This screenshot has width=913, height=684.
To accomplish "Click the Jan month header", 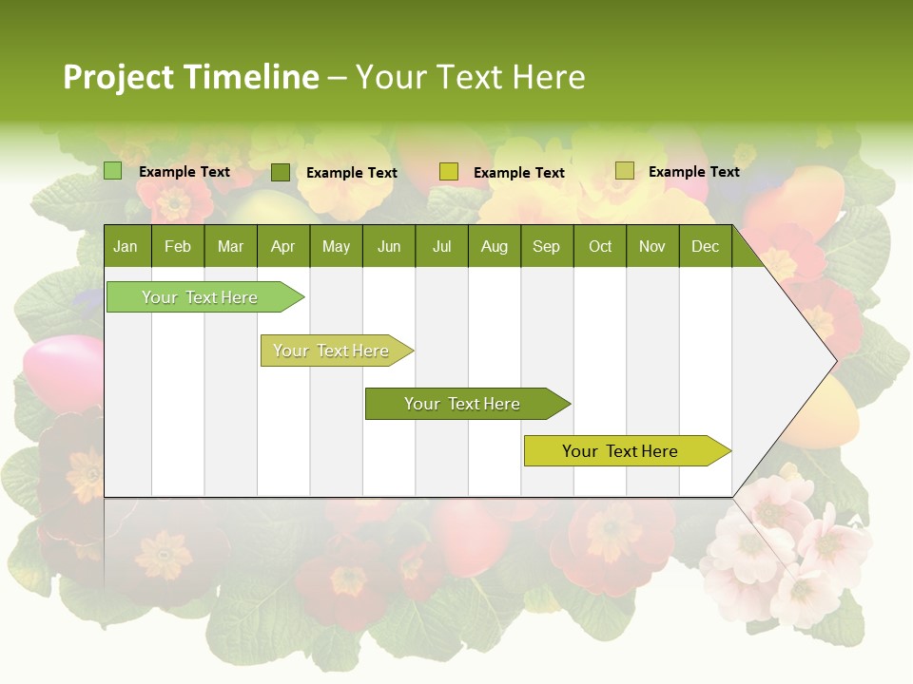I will (x=126, y=246).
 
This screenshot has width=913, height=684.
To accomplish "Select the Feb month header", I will (x=178, y=246).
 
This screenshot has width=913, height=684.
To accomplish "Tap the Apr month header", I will (x=282, y=246).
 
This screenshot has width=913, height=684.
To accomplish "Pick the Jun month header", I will (x=389, y=246).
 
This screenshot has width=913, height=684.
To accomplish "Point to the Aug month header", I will (x=494, y=246).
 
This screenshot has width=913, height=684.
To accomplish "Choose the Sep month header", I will (x=546, y=246).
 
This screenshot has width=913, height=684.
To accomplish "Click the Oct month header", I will (x=600, y=246).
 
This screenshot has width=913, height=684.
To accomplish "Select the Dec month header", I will (x=705, y=246).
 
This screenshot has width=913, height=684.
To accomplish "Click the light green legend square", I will (x=113, y=171).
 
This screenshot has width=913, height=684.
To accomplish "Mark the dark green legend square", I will (x=281, y=172).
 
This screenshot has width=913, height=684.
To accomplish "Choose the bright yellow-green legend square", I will (x=449, y=172).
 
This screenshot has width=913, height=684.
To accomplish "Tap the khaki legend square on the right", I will (x=625, y=171).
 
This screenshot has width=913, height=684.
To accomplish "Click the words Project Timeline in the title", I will (x=190, y=77).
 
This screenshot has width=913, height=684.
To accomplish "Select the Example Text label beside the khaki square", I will (x=693, y=172).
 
